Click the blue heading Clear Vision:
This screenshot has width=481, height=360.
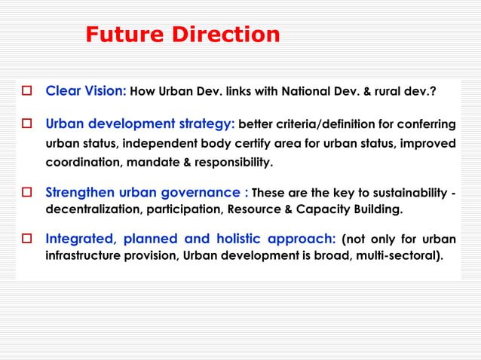pos(86,91)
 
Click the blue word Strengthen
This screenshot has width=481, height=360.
pos(81,192)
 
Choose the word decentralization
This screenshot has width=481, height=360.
pos(89,208)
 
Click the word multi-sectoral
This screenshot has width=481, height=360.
pos(400,255)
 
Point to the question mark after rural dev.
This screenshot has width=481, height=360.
pos(433,92)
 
